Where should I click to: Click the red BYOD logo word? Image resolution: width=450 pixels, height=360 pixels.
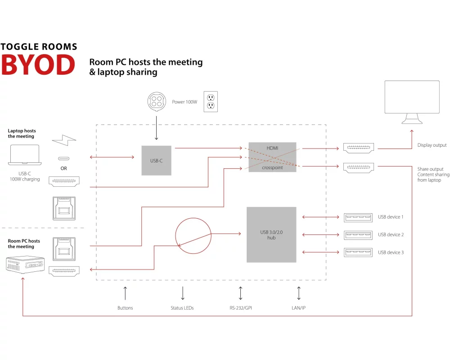click(38, 65)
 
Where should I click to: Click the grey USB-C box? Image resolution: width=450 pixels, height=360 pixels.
click(156, 160)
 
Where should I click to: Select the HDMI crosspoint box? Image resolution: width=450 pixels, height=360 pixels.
click(272, 157)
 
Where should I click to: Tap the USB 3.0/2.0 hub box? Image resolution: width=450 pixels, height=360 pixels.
click(271, 234)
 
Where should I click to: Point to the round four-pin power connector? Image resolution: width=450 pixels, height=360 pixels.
click(157, 102)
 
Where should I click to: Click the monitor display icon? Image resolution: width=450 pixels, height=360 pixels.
click(412, 102)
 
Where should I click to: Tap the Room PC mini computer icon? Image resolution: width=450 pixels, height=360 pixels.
click(23, 265)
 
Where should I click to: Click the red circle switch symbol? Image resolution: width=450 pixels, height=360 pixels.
click(193, 235)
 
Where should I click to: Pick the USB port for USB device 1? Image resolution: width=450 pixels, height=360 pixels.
click(358, 217)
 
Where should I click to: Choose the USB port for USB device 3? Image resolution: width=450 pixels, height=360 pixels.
click(358, 252)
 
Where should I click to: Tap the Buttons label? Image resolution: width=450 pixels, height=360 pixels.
click(125, 308)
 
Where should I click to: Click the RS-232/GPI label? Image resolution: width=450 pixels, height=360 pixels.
click(241, 308)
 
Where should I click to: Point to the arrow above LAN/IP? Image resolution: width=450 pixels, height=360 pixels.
click(299, 293)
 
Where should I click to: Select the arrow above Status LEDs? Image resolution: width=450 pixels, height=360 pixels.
click(182, 293)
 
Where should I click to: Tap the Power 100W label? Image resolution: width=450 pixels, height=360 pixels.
click(184, 102)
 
